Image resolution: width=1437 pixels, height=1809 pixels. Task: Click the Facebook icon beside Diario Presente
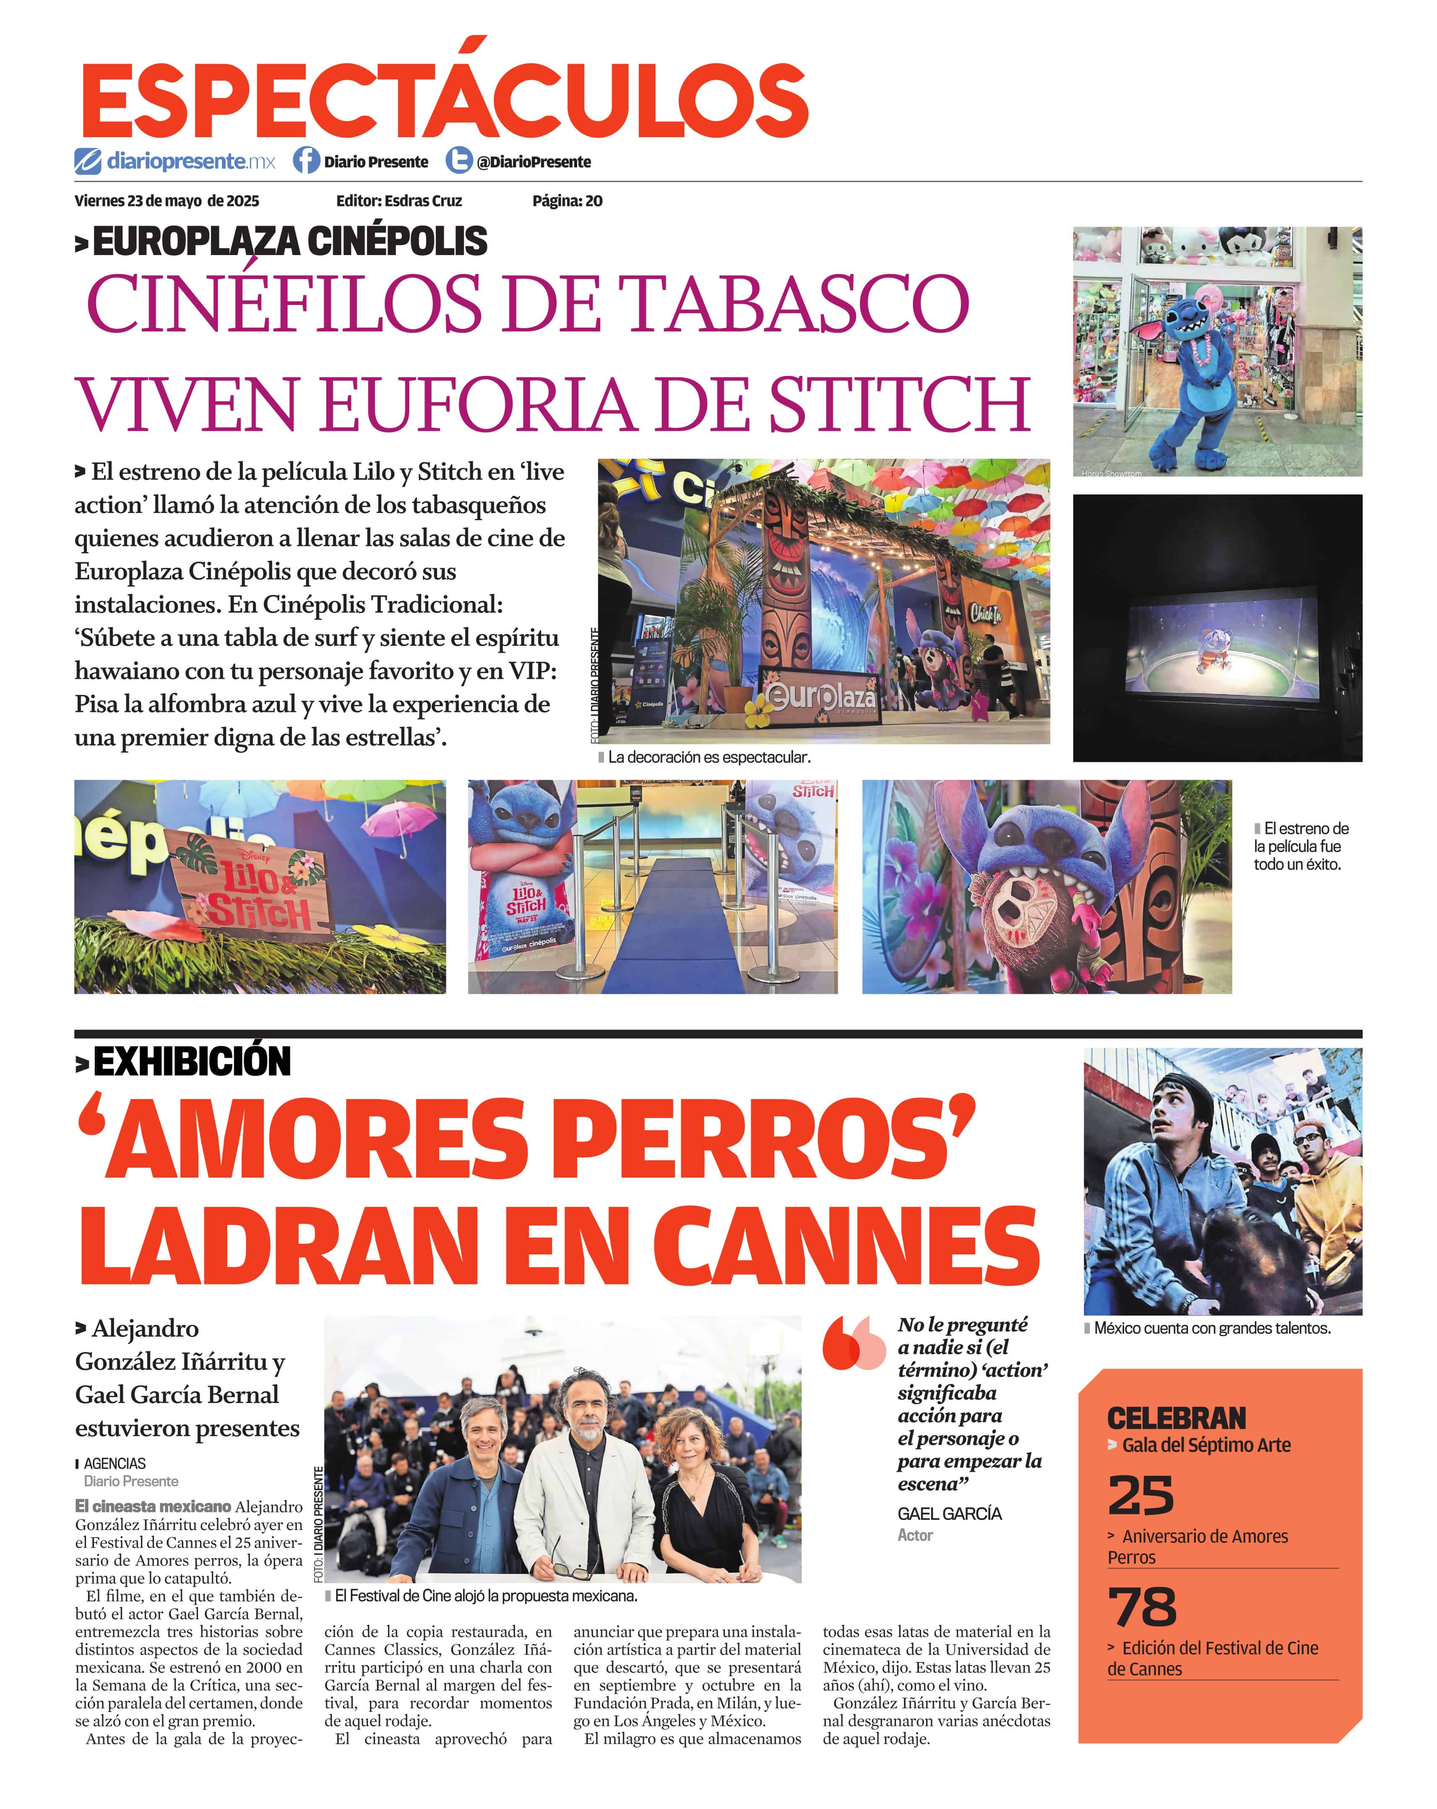point(306,160)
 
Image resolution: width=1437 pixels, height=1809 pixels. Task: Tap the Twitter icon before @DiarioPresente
point(458,160)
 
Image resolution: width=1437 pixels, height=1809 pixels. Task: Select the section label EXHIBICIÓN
point(191,1061)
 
